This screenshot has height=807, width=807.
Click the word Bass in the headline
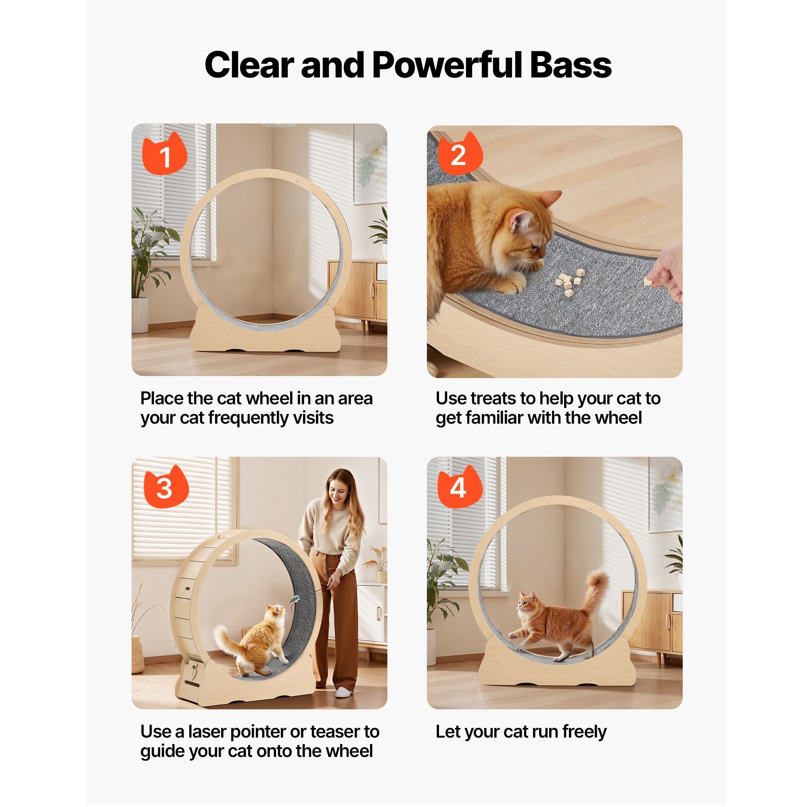pyautogui.click(x=570, y=65)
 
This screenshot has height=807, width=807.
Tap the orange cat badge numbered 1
pyautogui.click(x=165, y=154)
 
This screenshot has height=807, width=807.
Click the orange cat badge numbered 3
pyautogui.click(x=166, y=487)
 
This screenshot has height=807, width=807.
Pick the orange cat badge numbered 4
pyautogui.click(x=460, y=487)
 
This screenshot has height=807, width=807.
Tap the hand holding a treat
pyautogui.click(x=665, y=272)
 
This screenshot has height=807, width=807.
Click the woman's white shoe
pyautogui.click(x=345, y=692)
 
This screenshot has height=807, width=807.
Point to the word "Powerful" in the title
pyautogui.click(x=448, y=65)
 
